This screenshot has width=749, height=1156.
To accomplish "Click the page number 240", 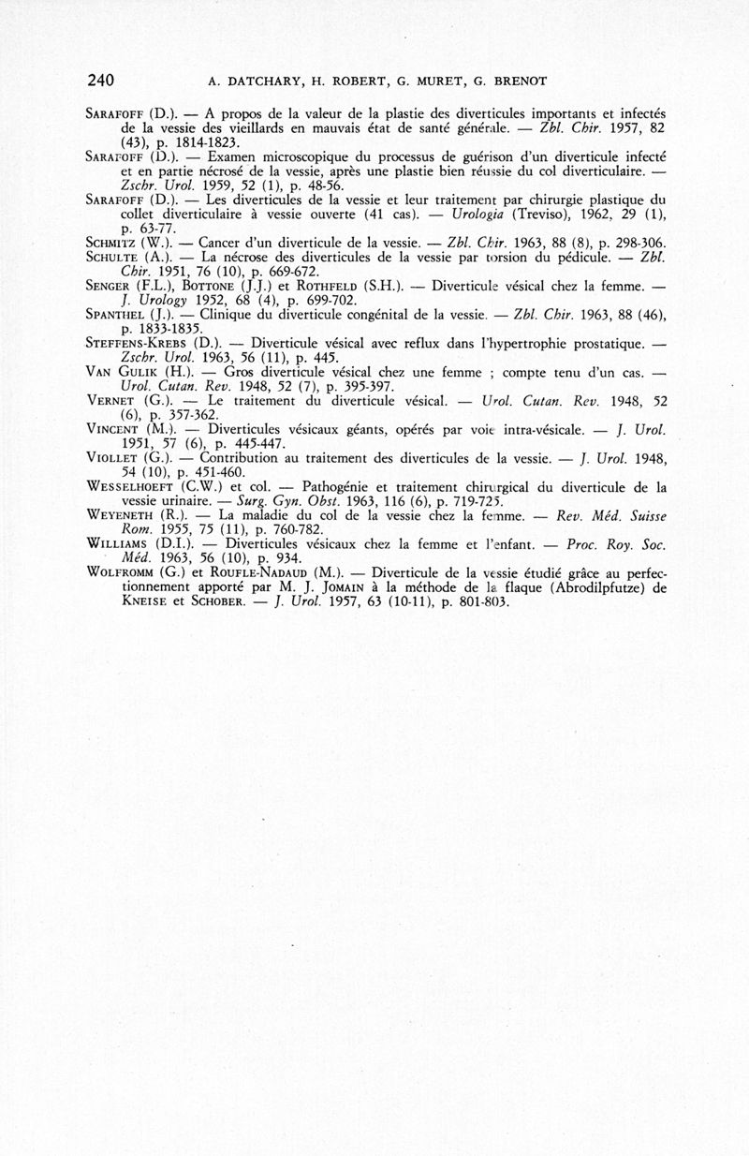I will click(x=98, y=78).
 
